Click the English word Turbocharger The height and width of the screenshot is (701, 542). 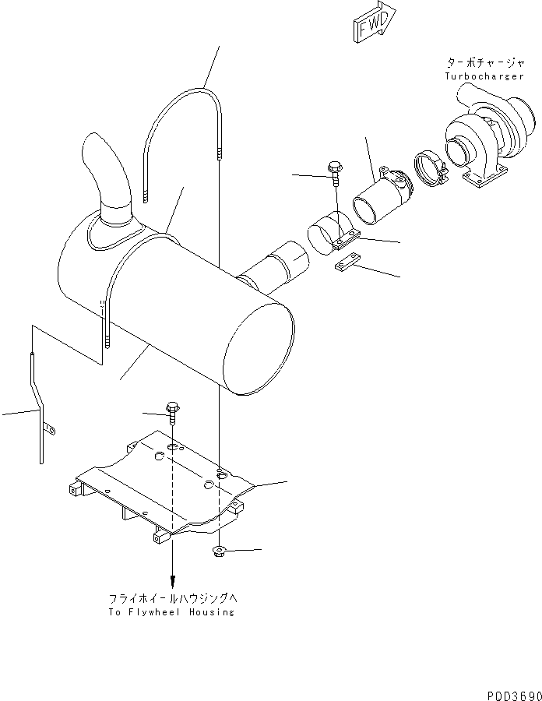pyautogui.click(x=480, y=76)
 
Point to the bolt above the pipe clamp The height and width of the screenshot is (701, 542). pyautogui.click(x=334, y=171)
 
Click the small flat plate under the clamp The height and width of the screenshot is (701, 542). pyautogui.click(x=347, y=265)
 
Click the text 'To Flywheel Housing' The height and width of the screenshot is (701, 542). pyautogui.click(x=172, y=612)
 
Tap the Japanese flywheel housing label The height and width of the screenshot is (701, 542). pyautogui.click(x=171, y=599)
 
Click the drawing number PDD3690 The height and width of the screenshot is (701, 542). pyautogui.click(x=509, y=692)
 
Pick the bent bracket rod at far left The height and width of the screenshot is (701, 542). pyautogui.click(x=37, y=405)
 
